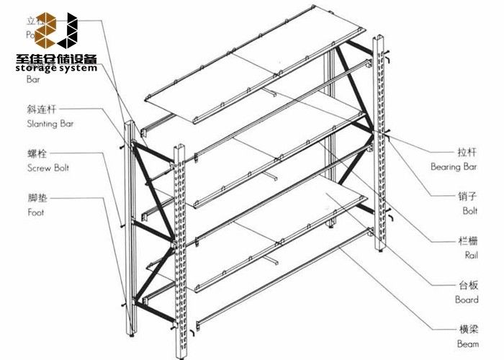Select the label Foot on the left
pos(36,212)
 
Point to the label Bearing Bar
pos(454,166)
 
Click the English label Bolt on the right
pos(469,211)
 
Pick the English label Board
pos(466,300)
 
